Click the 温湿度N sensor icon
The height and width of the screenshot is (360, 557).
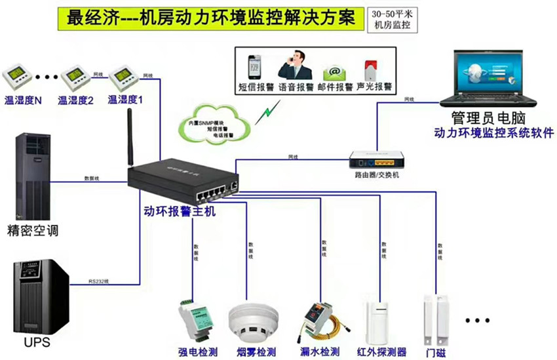point(19,78)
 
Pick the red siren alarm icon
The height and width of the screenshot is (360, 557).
point(370,70)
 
